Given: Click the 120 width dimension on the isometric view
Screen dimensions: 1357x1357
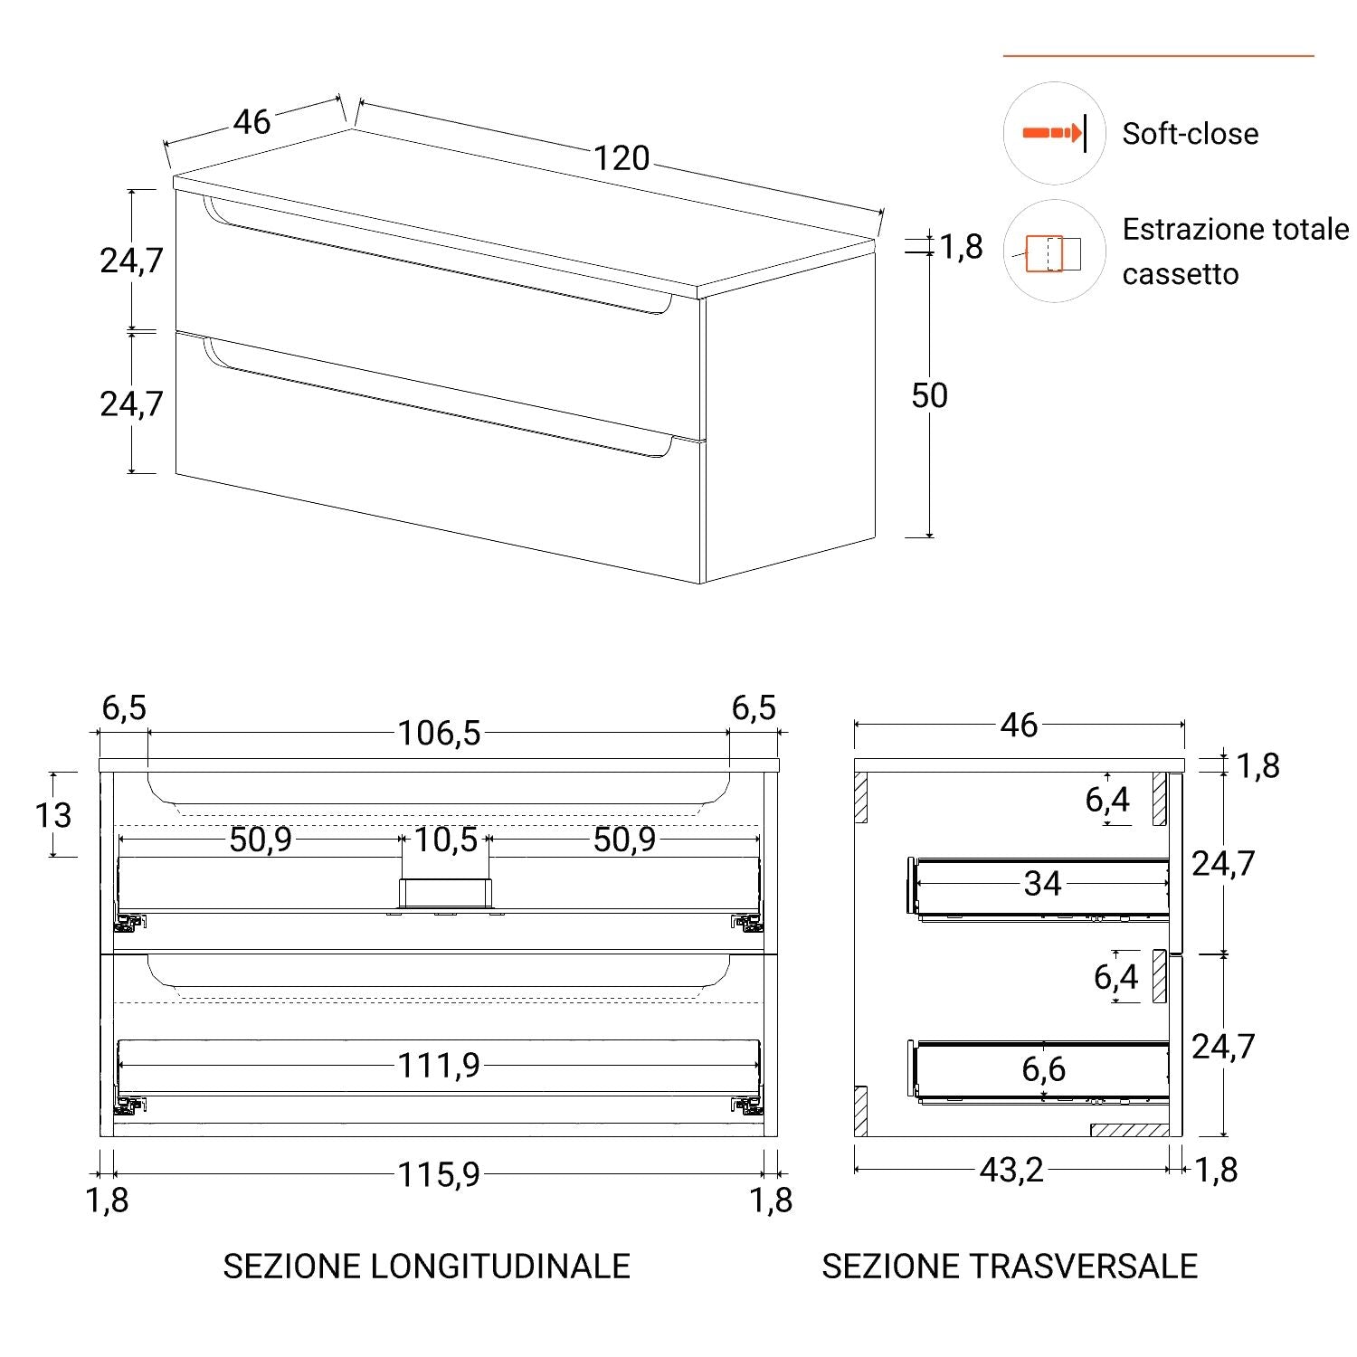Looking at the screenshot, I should coord(622,158).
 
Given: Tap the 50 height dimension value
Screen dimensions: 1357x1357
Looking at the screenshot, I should coord(929,395).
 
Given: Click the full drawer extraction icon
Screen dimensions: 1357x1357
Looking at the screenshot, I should coord(1054,252).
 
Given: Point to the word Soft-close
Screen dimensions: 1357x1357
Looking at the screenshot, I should coord(1190,134).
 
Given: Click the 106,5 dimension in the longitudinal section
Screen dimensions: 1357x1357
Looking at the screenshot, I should coord(440,733).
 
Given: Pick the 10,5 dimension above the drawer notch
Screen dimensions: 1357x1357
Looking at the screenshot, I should coord(445,840).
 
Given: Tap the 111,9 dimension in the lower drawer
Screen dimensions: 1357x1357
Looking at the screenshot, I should coord(439,1066).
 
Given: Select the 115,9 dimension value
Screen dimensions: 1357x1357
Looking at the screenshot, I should coord(439,1174).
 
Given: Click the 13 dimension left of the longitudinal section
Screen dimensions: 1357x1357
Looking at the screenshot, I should coord(53,815).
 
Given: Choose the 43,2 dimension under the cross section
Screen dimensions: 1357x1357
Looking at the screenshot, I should coord(1011,1170).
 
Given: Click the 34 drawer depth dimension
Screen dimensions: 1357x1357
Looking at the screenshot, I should coord(1042,883).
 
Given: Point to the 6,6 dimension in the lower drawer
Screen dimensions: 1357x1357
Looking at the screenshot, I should coord(1043,1069).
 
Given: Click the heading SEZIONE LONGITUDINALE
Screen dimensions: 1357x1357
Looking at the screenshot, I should coord(426,1266).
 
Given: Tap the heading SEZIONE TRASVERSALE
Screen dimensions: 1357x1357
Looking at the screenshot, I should coord(1009,1266).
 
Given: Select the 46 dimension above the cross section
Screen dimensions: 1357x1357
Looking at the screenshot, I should coord(1019,725).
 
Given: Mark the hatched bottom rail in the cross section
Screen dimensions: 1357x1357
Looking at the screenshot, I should coord(1129,1130).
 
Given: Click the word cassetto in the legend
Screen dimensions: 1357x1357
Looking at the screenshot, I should coord(1180,273).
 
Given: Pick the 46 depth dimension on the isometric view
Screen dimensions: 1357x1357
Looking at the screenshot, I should coord(251,122).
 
